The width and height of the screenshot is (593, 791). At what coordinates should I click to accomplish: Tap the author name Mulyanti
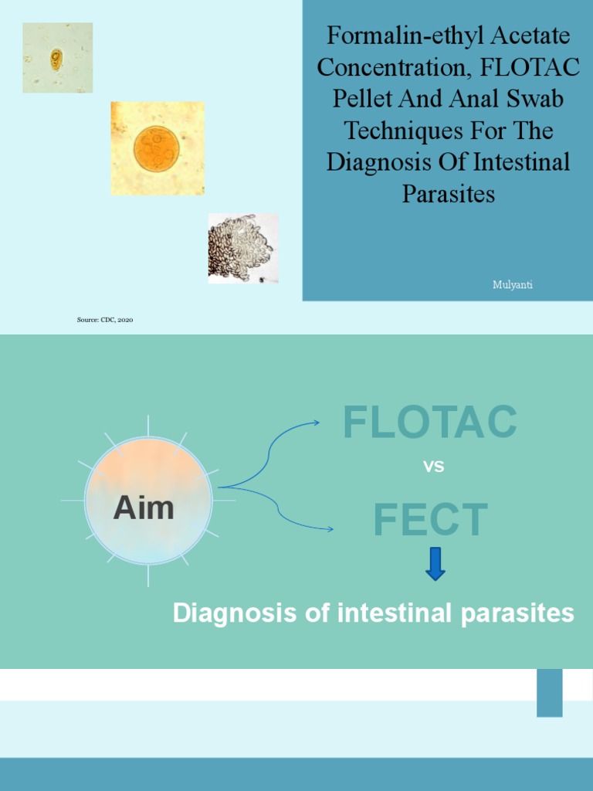[x=513, y=285]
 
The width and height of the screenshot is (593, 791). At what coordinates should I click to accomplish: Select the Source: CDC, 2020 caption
[x=105, y=319]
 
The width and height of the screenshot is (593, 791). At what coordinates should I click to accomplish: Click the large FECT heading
[x=430, y=521]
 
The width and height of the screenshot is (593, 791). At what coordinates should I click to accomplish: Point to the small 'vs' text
[x=434, y=467]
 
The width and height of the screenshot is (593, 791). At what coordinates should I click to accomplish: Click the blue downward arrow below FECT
[x=435, y=565]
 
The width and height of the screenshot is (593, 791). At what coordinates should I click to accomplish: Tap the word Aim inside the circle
[x=144, y=508]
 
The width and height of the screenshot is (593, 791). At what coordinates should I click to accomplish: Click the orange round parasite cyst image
[x=158, y=148]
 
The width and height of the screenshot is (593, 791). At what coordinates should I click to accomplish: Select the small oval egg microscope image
[x=57, y=58]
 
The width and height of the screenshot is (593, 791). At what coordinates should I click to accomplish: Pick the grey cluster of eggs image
[x=242, y=249]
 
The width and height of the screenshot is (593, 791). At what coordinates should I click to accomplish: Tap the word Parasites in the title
[x=448, y=194]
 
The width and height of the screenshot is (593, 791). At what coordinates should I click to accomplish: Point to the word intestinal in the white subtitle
[x=396, y=613]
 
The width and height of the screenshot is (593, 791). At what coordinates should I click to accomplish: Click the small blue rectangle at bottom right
[x=550, y=692]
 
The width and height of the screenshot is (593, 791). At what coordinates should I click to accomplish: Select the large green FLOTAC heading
[x=430, y=423]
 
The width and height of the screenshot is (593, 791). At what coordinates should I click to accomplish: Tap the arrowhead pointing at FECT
[x=330, y=529]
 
